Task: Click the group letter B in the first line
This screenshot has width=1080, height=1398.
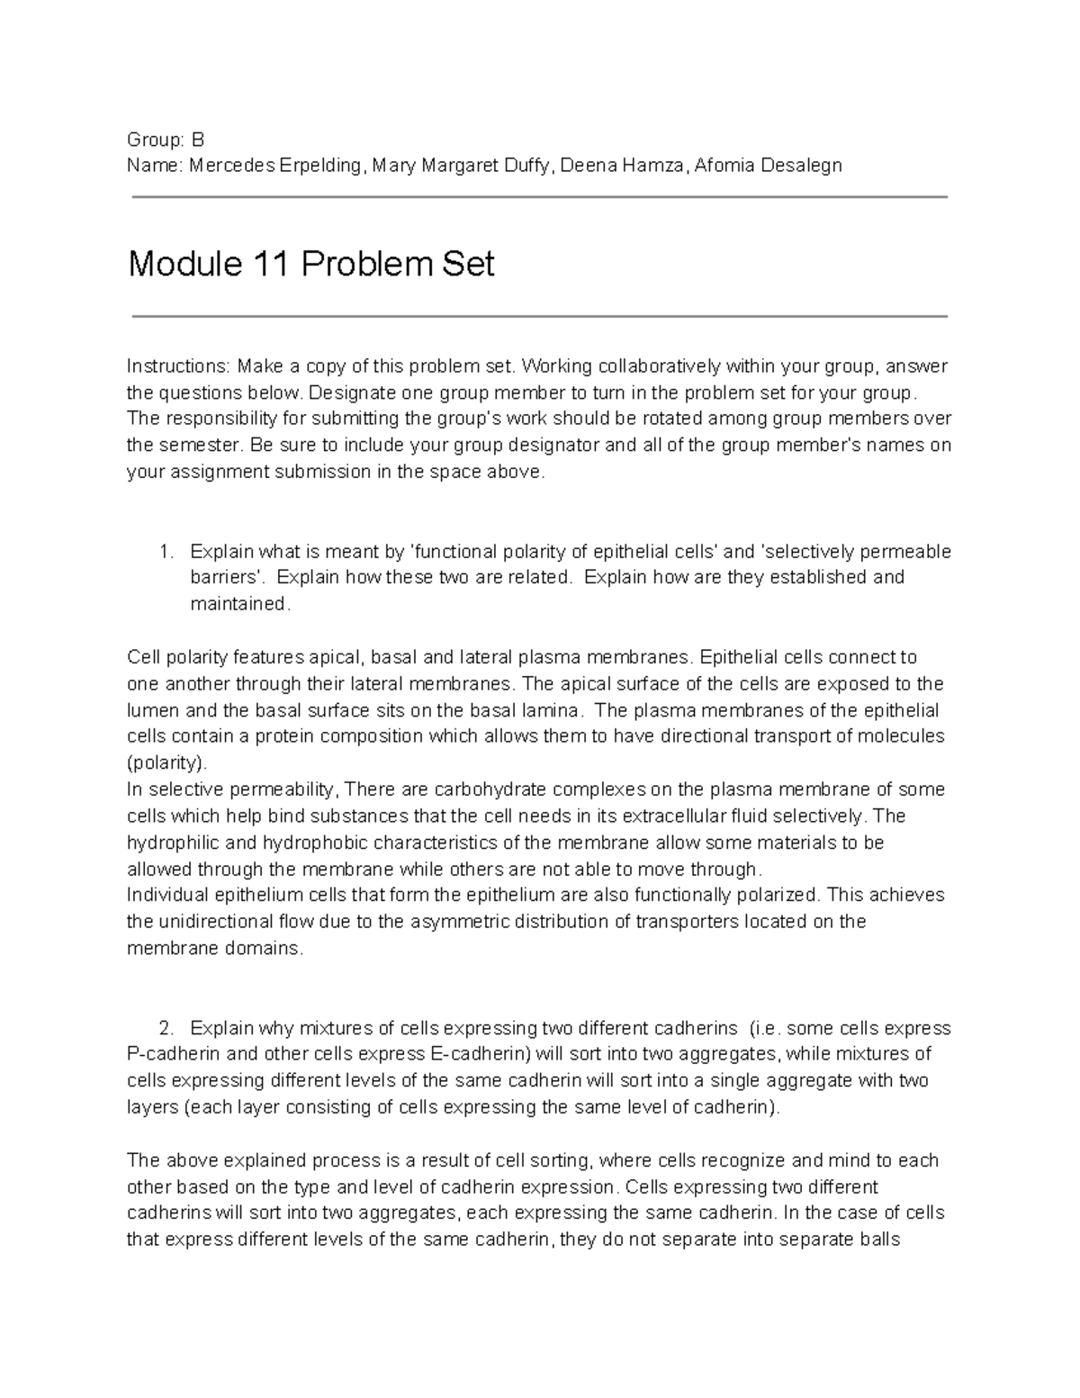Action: tap(198, 140)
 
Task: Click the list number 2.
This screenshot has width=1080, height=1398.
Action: tap(165, 1028)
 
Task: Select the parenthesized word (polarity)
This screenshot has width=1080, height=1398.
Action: tap(166, 763)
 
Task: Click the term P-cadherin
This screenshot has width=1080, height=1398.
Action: tap(171, 1054)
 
